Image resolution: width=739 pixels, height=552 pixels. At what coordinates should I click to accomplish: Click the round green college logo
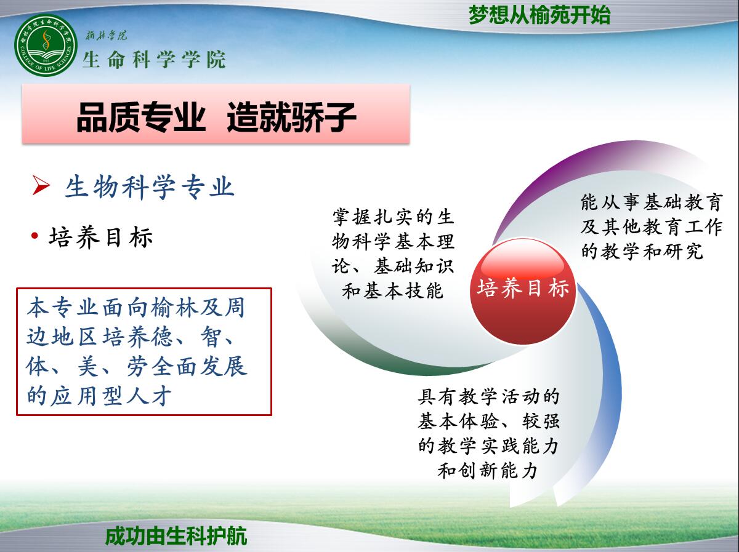(x=46, y=45)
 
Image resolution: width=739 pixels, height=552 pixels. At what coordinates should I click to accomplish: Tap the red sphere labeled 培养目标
(x=523, y=291)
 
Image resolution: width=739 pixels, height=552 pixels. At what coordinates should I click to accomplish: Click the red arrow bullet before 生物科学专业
(x=41, y=185)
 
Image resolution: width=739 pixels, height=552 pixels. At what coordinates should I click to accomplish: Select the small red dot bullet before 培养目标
(x=34, y=236)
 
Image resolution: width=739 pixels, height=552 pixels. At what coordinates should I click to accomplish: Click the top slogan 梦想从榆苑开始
(x=539, y=15)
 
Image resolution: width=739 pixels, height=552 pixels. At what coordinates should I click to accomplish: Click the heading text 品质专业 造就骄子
(x=216, y=117)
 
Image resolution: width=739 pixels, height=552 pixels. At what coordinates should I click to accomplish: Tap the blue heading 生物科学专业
(x=150, y=186)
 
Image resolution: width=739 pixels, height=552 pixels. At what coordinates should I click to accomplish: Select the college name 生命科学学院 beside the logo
(x=154, y=60)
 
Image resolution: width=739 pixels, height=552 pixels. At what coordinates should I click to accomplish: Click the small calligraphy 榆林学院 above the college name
(x=107, y=35)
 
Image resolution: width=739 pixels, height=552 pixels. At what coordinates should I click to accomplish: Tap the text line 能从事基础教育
(x=652, y=202)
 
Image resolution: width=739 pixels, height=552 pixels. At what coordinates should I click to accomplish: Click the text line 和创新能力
(x=488, y=470)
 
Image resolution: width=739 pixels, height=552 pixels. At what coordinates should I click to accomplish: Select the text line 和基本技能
(x=392, y=290)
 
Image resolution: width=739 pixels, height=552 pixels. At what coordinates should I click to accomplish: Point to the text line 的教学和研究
(x=642, y=252)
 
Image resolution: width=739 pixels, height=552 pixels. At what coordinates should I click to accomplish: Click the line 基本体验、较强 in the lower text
(x=488, y=421)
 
